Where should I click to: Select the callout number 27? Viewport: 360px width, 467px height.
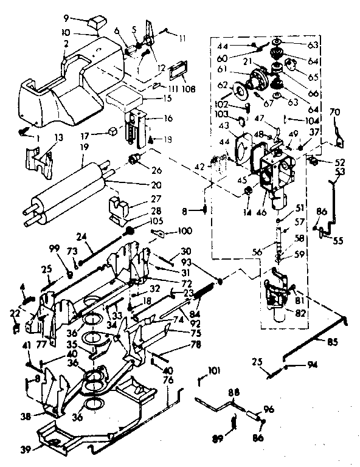[x=138, y=198]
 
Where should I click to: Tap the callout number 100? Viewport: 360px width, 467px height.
[x=184, y=232]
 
